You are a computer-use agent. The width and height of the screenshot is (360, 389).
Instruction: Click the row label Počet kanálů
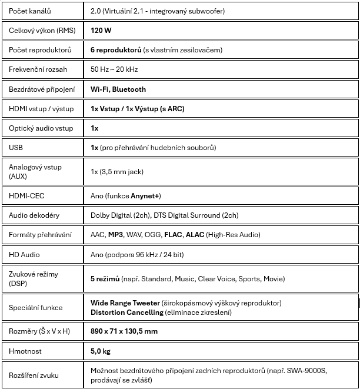coord(30,11)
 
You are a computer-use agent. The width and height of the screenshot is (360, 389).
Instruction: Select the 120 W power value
coord(101,30)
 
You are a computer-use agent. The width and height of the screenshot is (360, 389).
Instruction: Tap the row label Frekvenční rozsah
coord(38,69)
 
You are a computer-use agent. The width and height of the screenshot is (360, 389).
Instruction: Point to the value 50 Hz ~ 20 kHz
coord(114,69)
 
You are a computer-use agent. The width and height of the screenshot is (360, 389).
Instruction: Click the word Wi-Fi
coord(99,89)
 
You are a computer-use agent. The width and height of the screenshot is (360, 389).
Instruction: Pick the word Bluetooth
coord(129,89)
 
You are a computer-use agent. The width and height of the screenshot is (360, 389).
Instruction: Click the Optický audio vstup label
coord(41,128)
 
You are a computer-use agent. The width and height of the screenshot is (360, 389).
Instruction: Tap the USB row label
coord(16,148)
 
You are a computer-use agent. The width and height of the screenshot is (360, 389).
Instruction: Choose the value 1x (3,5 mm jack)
coord(116,171)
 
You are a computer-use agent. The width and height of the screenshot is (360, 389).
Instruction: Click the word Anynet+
coord(146,195)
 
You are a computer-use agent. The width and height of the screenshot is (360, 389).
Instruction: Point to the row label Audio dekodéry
coord(34,215)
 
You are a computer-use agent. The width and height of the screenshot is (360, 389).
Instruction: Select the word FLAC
coord(173,235)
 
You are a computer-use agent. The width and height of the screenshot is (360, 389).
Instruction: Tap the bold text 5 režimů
coord(105,278)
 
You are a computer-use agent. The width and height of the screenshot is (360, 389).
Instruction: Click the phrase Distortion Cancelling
coord(127,312)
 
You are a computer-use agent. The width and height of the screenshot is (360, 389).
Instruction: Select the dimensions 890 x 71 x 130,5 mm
coord(124,331)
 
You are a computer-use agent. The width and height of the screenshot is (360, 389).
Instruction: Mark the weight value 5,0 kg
coord(100,351)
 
